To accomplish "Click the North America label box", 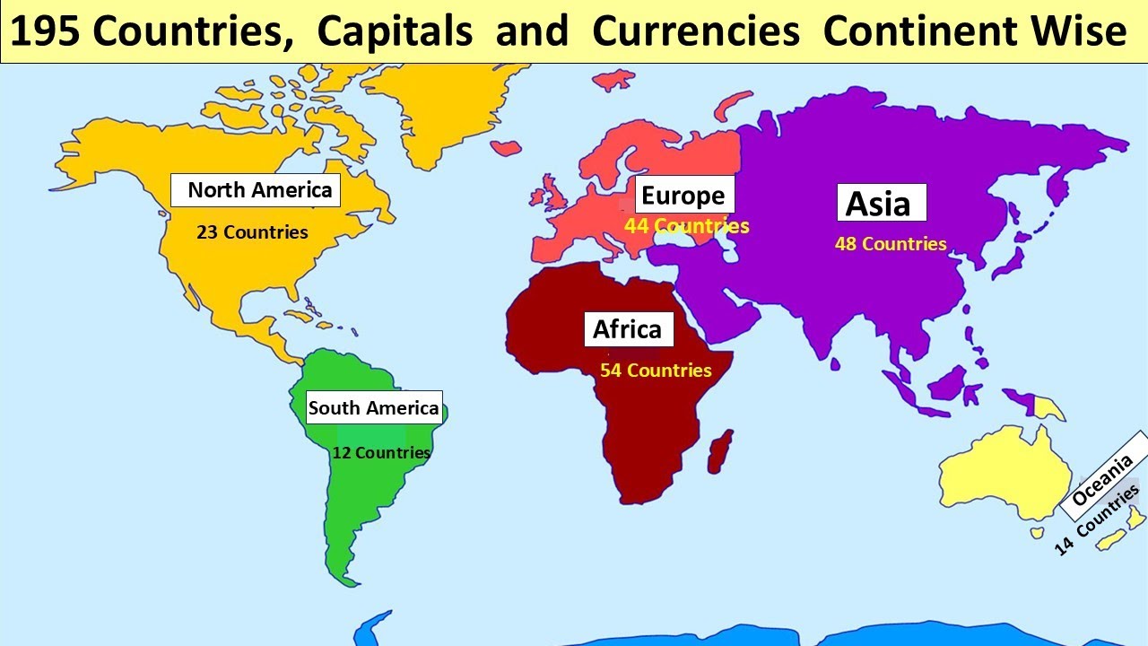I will pos(256,190).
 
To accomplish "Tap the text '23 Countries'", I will pos(252,232).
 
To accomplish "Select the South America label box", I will pos(373,408).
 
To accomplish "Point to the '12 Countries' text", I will pos(381,452).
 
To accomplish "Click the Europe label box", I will pos(684,196).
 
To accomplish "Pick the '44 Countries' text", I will pos(686,226).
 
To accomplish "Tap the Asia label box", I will pos(880,204).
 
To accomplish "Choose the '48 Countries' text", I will pos(891,244).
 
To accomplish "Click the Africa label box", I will pos(628,329).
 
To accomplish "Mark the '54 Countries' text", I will pos(656,370).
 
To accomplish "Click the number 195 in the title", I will pos(44,32).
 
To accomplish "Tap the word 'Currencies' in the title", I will pos(696,32).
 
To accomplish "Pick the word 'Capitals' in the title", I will pos(395,32).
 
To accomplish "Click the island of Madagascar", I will pos(719,451).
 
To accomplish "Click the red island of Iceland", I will pos(507,145).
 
